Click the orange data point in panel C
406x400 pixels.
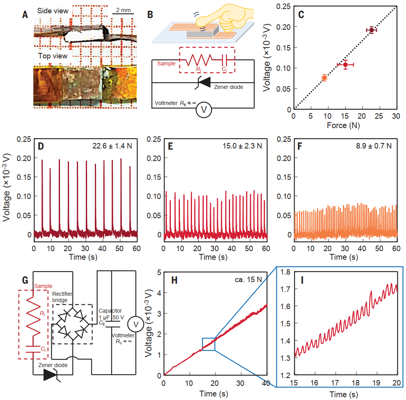[x=324, y=78]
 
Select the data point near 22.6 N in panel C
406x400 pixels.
[x=372, y=30]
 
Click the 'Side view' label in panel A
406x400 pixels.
[x=53, y=11]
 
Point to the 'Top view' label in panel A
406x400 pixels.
[x=53, y=56]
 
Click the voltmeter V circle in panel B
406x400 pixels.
[x=204, y=110]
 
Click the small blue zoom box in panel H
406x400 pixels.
[x=208, y=344]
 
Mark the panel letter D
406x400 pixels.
[x=40, y=146]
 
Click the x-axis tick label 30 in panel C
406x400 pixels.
[x=396, y=117]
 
